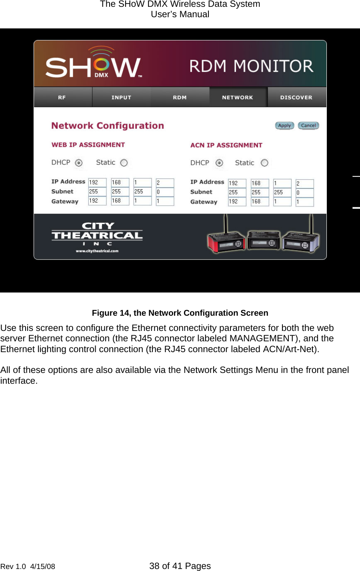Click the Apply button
click(284, 126)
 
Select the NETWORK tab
click(238, 97)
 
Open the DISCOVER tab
click(296, 97)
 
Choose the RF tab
click(62, 97)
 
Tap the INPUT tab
click(121, 97)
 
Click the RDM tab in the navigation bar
click(180, 97)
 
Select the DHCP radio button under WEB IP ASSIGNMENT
click(79, 163)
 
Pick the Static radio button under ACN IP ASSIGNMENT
click(264, 163)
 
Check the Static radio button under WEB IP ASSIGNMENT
click(124, 163)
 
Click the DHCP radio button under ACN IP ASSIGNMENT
click(219, 163)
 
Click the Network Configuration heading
click(108, 126)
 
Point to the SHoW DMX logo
click(94, 64)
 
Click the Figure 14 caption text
click(180, 313)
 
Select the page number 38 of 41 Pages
click(180, 566)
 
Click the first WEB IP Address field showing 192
click(97, 182)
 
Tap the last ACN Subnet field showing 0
click(304, 192)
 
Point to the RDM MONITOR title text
click(251, 66)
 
